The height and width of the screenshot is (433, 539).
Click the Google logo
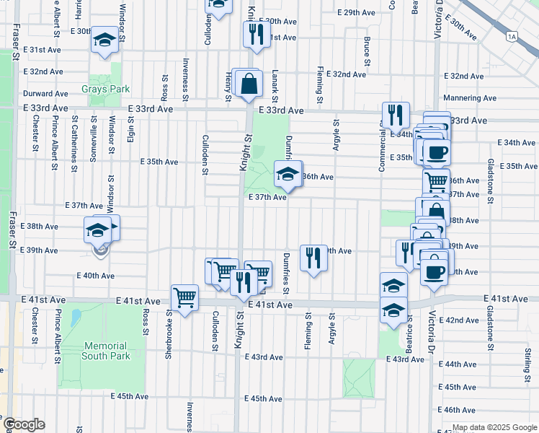click(24, 424)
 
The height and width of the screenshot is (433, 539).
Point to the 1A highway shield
click(512, 35)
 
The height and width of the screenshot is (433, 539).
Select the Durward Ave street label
click(45, 94)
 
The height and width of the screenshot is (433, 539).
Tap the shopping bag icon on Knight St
click(248, 83)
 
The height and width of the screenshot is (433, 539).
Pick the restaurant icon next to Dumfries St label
click(313, 258)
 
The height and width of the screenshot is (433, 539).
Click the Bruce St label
click(367, 54)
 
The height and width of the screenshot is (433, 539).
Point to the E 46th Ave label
click(463, 409)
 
